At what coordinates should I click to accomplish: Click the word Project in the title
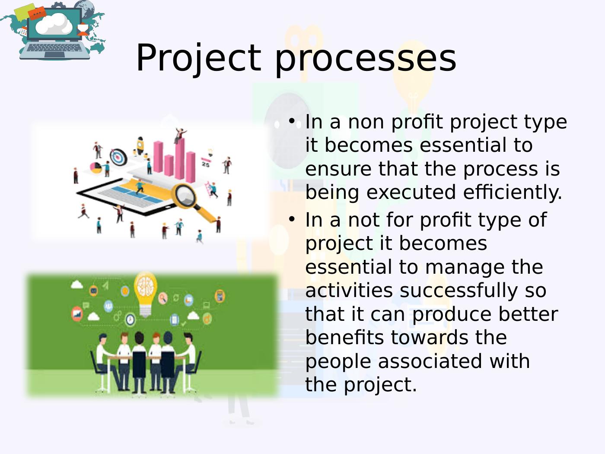(198, 58)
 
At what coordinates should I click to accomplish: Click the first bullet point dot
(292, 121)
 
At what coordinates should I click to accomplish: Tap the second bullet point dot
(292, 219)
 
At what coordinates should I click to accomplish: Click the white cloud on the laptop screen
(54, 24)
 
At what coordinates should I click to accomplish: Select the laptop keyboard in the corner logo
(54, 48)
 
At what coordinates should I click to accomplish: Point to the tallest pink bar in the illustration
(180, 158)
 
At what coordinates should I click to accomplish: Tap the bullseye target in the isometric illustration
(118, 157)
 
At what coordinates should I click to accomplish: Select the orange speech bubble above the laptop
(37, 13)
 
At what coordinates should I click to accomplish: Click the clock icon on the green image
(131, 320)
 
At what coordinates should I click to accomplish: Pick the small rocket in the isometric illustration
(140, 145)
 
